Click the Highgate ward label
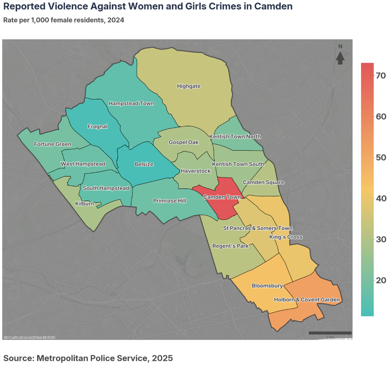[189, 86]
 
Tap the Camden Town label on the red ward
[222, 197]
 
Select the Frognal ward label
[97, 127]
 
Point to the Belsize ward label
[144, 164]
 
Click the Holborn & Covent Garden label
[306, 300]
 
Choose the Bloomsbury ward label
[267, 286]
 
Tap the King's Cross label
[285, 237]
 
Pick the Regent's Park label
[230, 246]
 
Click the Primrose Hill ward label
[170, 201]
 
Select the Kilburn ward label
[84, 204]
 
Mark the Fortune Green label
[52, 145]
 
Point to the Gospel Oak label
[184, 142]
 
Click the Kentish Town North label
[235, 137]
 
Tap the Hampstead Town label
[131, 104]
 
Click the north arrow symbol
[340, 57]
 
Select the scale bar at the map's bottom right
[330, 333]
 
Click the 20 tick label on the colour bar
[380, 280]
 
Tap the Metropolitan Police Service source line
[88, 358]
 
